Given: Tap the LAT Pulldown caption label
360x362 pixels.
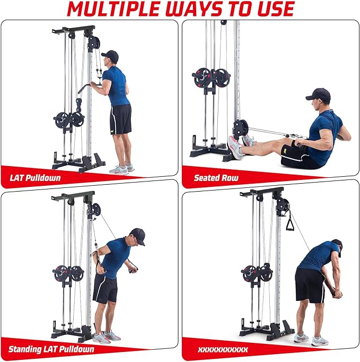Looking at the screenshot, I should coord(34,177).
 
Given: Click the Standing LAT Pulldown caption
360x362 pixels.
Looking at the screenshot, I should coord(52,349).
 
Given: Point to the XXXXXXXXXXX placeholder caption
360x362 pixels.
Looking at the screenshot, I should coord(222,349).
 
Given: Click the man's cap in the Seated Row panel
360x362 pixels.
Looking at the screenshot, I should coord(318,95).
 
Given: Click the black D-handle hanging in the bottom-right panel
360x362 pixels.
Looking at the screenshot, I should coord(291,220).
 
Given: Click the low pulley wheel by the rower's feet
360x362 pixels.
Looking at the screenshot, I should coord(240,128).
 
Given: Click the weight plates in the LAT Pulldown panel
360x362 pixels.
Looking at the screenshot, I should coord(69,119).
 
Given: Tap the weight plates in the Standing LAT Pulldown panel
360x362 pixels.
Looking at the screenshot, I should coord(69,273).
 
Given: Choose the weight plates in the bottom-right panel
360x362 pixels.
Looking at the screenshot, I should coord(258,273).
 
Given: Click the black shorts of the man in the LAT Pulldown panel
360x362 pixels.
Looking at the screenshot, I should coord(121,118).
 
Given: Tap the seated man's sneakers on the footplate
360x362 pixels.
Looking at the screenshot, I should coord(239,144).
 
